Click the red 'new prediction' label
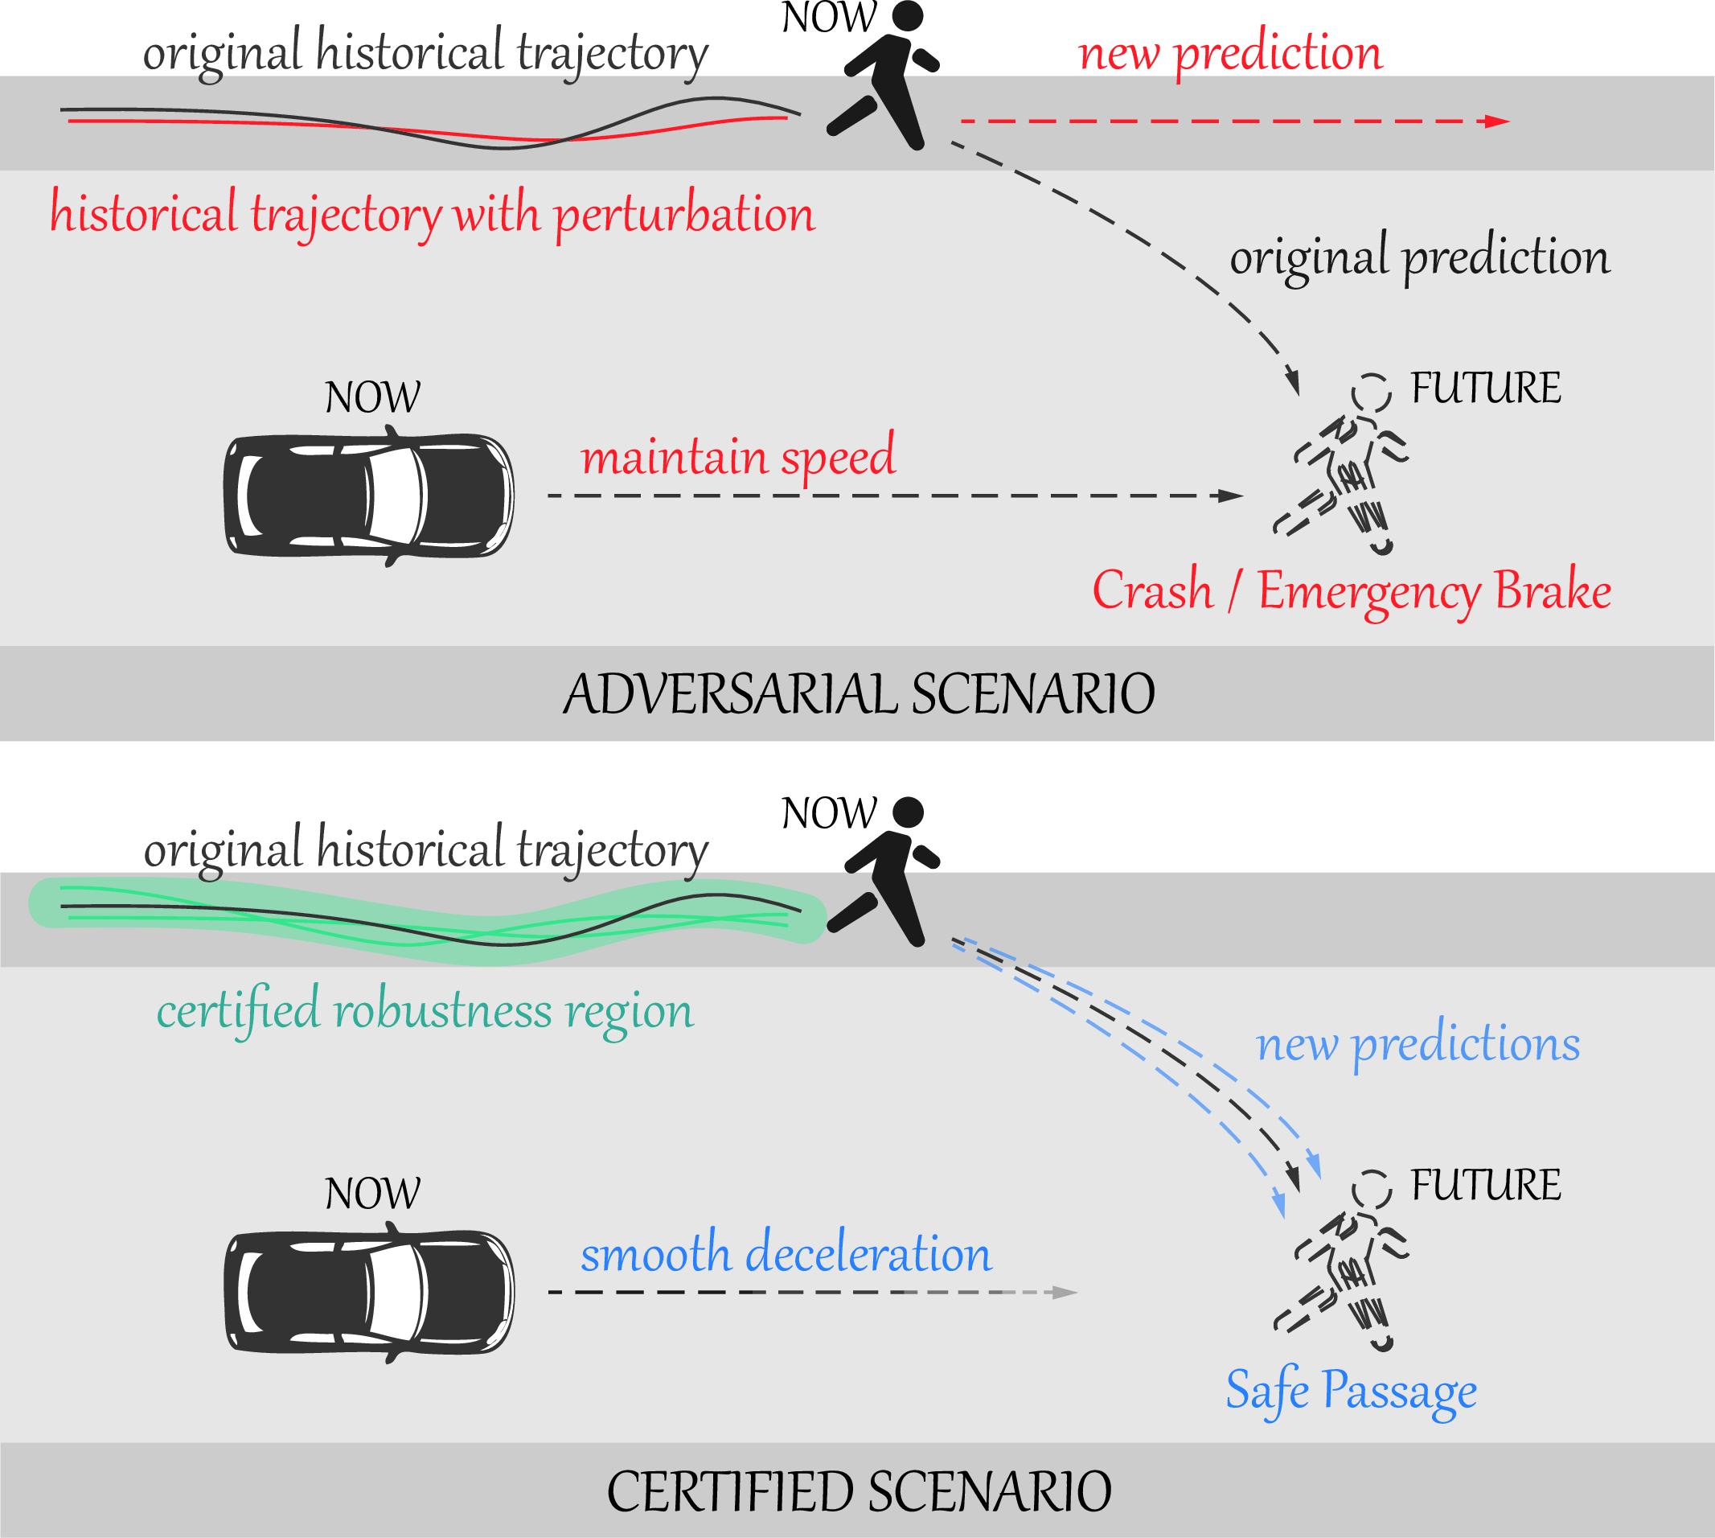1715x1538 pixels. [1230, 53]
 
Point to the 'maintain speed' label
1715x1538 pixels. [737, 457]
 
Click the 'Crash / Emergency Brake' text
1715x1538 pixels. [1351, 590]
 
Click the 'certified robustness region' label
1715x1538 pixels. [425, 1010]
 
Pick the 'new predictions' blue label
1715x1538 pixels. [1417, 1044]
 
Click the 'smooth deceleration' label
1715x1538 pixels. [786, 1254]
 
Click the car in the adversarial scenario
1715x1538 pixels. [368, 496]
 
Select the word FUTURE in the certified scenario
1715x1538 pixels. [1485, 1186]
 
